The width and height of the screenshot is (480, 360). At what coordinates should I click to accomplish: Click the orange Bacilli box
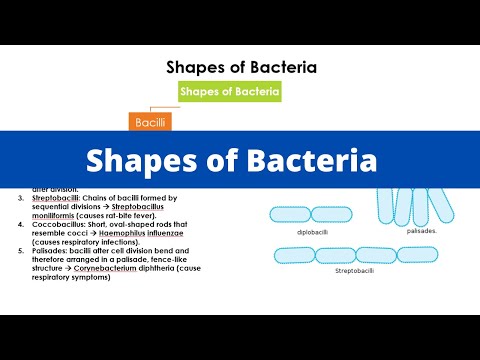pyautogui.click(x=147, y=122)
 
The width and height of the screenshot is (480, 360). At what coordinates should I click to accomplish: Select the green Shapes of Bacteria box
pyautogui.click(x=230, y=91)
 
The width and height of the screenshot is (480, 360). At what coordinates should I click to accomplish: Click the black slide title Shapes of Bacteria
pyautogui.click(x=241, y=67)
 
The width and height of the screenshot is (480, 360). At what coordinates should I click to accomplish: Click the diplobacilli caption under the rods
pyautogui.click(x=312, y=231)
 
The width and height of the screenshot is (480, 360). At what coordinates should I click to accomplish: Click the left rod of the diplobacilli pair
pyautogui.click(x=290, y=213)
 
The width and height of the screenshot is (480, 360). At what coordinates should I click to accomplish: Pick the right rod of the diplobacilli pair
pyautogui.click(x=334, y=213)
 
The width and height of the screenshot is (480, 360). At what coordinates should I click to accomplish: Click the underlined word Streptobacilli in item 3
pyautogui.click(x=57, y=199)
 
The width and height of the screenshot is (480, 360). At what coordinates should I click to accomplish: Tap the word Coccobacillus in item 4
pyautogui.click(x=60, y=225)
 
